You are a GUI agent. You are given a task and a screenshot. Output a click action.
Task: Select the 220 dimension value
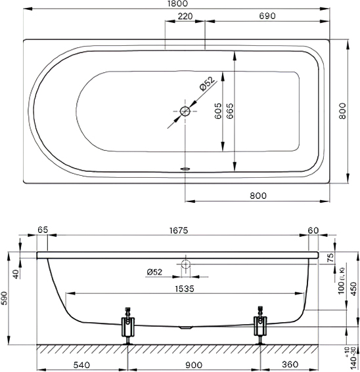185,16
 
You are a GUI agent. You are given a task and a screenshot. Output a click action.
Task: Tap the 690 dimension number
267,16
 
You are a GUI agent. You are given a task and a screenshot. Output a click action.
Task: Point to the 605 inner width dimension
217,111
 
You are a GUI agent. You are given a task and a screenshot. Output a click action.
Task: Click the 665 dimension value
230,111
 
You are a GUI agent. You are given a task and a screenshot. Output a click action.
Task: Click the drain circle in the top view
185,111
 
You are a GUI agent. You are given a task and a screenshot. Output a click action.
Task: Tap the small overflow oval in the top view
185,169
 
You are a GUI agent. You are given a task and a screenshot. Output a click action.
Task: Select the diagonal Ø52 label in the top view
206,83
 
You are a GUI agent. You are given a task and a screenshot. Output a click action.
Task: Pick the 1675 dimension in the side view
179,230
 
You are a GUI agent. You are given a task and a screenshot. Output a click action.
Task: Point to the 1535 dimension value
185,289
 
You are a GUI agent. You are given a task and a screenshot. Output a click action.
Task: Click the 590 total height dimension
5,299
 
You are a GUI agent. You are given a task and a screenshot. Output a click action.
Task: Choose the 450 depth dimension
354,289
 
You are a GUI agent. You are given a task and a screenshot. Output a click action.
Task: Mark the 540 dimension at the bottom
81,365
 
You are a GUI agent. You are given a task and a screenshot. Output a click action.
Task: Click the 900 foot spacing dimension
194,365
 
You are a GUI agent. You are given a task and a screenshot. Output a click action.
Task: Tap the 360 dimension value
290,364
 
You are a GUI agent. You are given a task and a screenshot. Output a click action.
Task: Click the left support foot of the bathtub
128,325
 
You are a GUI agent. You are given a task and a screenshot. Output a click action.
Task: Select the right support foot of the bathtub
260,325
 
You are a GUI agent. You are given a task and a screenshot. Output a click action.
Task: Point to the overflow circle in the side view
186,264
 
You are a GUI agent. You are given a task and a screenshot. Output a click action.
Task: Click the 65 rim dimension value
43,230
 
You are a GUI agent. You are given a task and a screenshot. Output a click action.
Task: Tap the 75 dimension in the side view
330,257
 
